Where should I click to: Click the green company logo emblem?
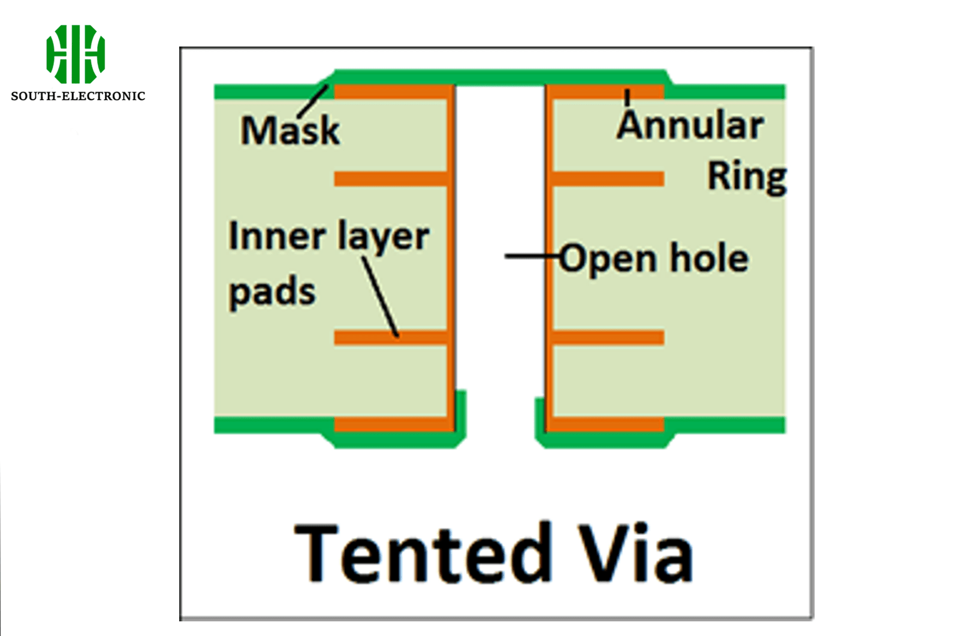[x=76, y=54]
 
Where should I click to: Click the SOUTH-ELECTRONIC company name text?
[x=78, y=96]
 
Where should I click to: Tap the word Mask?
[x=290, y=131]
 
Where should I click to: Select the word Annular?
[x=690, y=126]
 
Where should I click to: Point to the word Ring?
[x=747, y=177]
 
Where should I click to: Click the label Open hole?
[x=654, y=259]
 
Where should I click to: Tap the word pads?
[x=272, y=292]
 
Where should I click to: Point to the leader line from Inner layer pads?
[x=380, y=296]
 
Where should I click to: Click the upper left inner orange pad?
[x=390, y=178]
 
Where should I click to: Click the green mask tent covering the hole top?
[x=500, y=77]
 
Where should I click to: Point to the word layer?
[x=383, y=237]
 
